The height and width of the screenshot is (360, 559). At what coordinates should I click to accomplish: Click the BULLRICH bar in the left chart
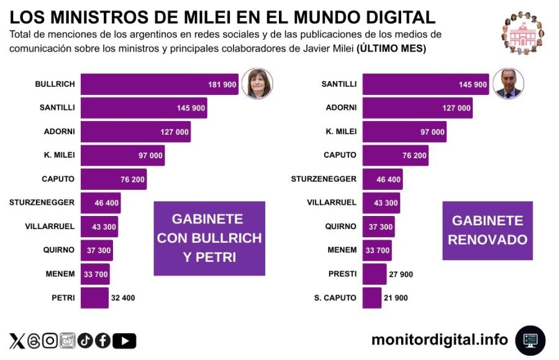coord(159,84)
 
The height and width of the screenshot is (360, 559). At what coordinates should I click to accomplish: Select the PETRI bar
coord(94,298)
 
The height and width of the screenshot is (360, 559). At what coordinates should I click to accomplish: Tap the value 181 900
coord(222,84)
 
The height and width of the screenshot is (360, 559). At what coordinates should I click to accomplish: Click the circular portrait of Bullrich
coord(257,83)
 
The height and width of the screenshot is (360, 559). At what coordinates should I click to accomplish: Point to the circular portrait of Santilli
coord(508,83)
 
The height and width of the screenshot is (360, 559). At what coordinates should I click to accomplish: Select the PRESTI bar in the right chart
coord(374,274)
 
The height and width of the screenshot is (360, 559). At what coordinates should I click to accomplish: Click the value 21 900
coord(396,298)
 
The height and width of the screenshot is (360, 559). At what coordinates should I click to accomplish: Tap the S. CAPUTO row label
coord(335,298)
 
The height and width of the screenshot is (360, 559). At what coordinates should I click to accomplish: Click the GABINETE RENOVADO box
coord(487,230)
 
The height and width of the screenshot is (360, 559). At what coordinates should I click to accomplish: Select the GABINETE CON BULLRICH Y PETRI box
coord(209,238)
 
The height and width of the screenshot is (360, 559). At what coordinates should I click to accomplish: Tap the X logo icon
coord(17,341)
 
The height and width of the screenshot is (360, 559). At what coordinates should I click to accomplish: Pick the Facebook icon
coord(102,341)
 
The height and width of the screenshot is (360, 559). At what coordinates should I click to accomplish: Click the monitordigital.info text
coord(440,340)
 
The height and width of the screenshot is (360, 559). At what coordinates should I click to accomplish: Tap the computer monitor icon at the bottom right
coord(530,340)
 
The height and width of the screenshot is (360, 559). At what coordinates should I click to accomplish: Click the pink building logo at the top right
coord(522,33)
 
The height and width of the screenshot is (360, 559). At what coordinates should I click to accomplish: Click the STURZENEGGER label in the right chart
coord(324,179)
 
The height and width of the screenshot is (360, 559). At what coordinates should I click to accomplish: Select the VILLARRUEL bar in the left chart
coord(99,226)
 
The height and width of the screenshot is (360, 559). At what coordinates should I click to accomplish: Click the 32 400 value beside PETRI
coord(123,298)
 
